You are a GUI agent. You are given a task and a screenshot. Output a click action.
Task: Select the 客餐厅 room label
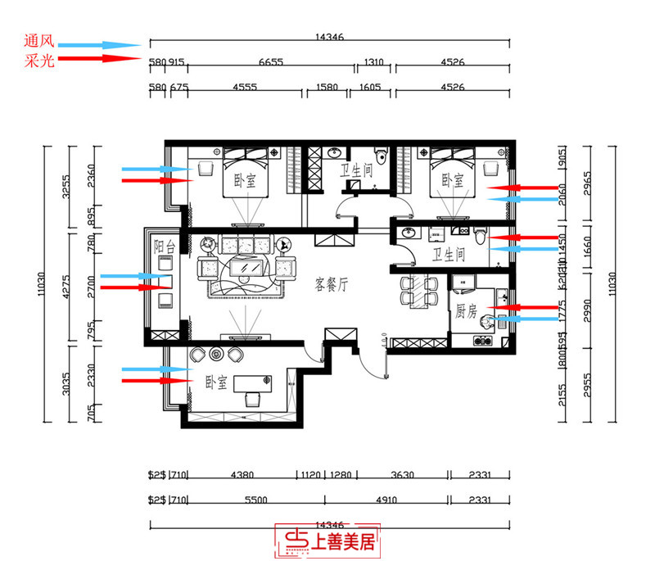point(332,285)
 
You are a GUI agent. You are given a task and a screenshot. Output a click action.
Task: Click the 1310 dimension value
point(374,62)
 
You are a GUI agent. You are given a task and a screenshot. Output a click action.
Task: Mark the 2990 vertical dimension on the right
point(586,308)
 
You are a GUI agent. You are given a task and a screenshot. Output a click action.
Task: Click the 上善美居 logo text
point(345,541)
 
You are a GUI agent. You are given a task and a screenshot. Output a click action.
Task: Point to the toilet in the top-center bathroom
point(379,156)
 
